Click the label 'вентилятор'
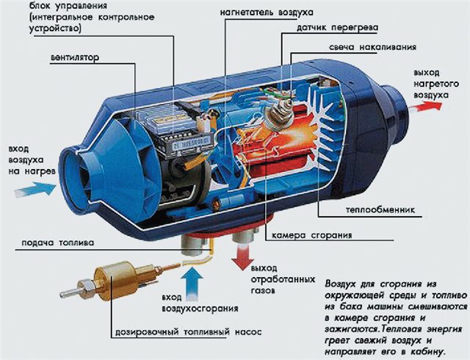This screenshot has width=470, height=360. click(x=75, y=57)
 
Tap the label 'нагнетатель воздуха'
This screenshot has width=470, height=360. click(x=267, y=12)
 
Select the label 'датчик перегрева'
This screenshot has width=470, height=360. click(x=338, y=28)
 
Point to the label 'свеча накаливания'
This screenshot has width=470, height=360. click(x=372, y=48)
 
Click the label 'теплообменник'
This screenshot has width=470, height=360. click(x=380, y=209)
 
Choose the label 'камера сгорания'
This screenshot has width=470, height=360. click(x=311, y=235)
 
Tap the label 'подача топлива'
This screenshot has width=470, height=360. click(x=57, y=242)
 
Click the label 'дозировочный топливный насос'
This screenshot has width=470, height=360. click(x=188, y=332)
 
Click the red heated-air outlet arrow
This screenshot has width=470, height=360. click(x=426, y=107)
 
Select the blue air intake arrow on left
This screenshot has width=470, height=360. click(x=35, y=189)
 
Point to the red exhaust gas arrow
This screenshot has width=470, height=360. click(x=243, y=257)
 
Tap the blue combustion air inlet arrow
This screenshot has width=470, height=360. click(x=192, y=284)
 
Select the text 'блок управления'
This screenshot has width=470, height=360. click(x=68, y=6)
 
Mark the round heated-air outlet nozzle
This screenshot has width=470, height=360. click(x=396, y=115)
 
